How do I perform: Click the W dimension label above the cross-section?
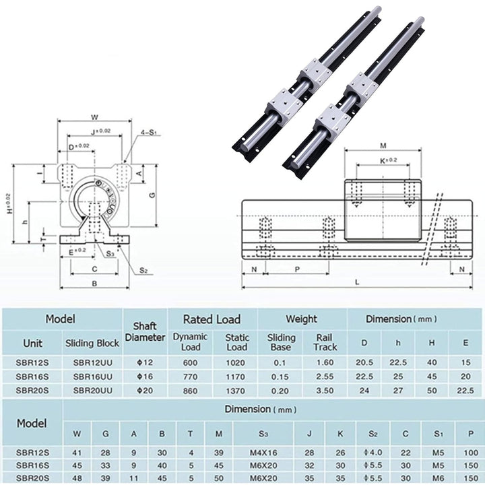[95, 117]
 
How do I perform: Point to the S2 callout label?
[143, 270]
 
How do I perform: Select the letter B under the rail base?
[95, 284]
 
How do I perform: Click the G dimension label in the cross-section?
[152, 195]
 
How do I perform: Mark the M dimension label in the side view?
[383, 145]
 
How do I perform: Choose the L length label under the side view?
[357, 282]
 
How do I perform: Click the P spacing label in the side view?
[297, 269]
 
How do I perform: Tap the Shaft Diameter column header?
[145, 331]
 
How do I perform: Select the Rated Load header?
[212, 319]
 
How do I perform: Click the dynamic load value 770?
[190, 377]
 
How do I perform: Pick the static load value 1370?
[235, 391]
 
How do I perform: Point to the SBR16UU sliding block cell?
[93, 377]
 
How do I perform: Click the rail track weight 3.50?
[325, 391]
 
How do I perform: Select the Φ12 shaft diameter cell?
[145, 362]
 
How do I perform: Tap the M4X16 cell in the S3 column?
[263, 453]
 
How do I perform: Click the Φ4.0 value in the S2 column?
[373, 453]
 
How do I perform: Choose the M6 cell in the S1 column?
[438, 478]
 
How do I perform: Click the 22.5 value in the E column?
[465, 391]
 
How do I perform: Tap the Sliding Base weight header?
[281, 342]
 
